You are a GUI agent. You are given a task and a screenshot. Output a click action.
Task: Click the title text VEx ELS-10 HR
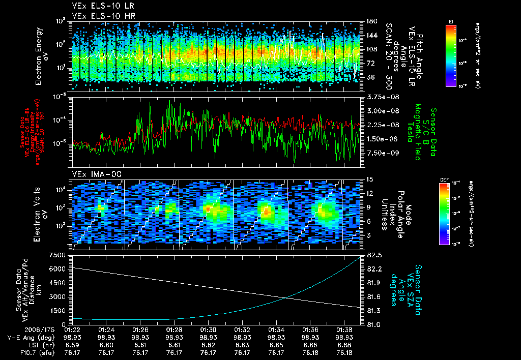(x=99, y=16)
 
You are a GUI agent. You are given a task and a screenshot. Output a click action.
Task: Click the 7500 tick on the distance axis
(x=61, y=255)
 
